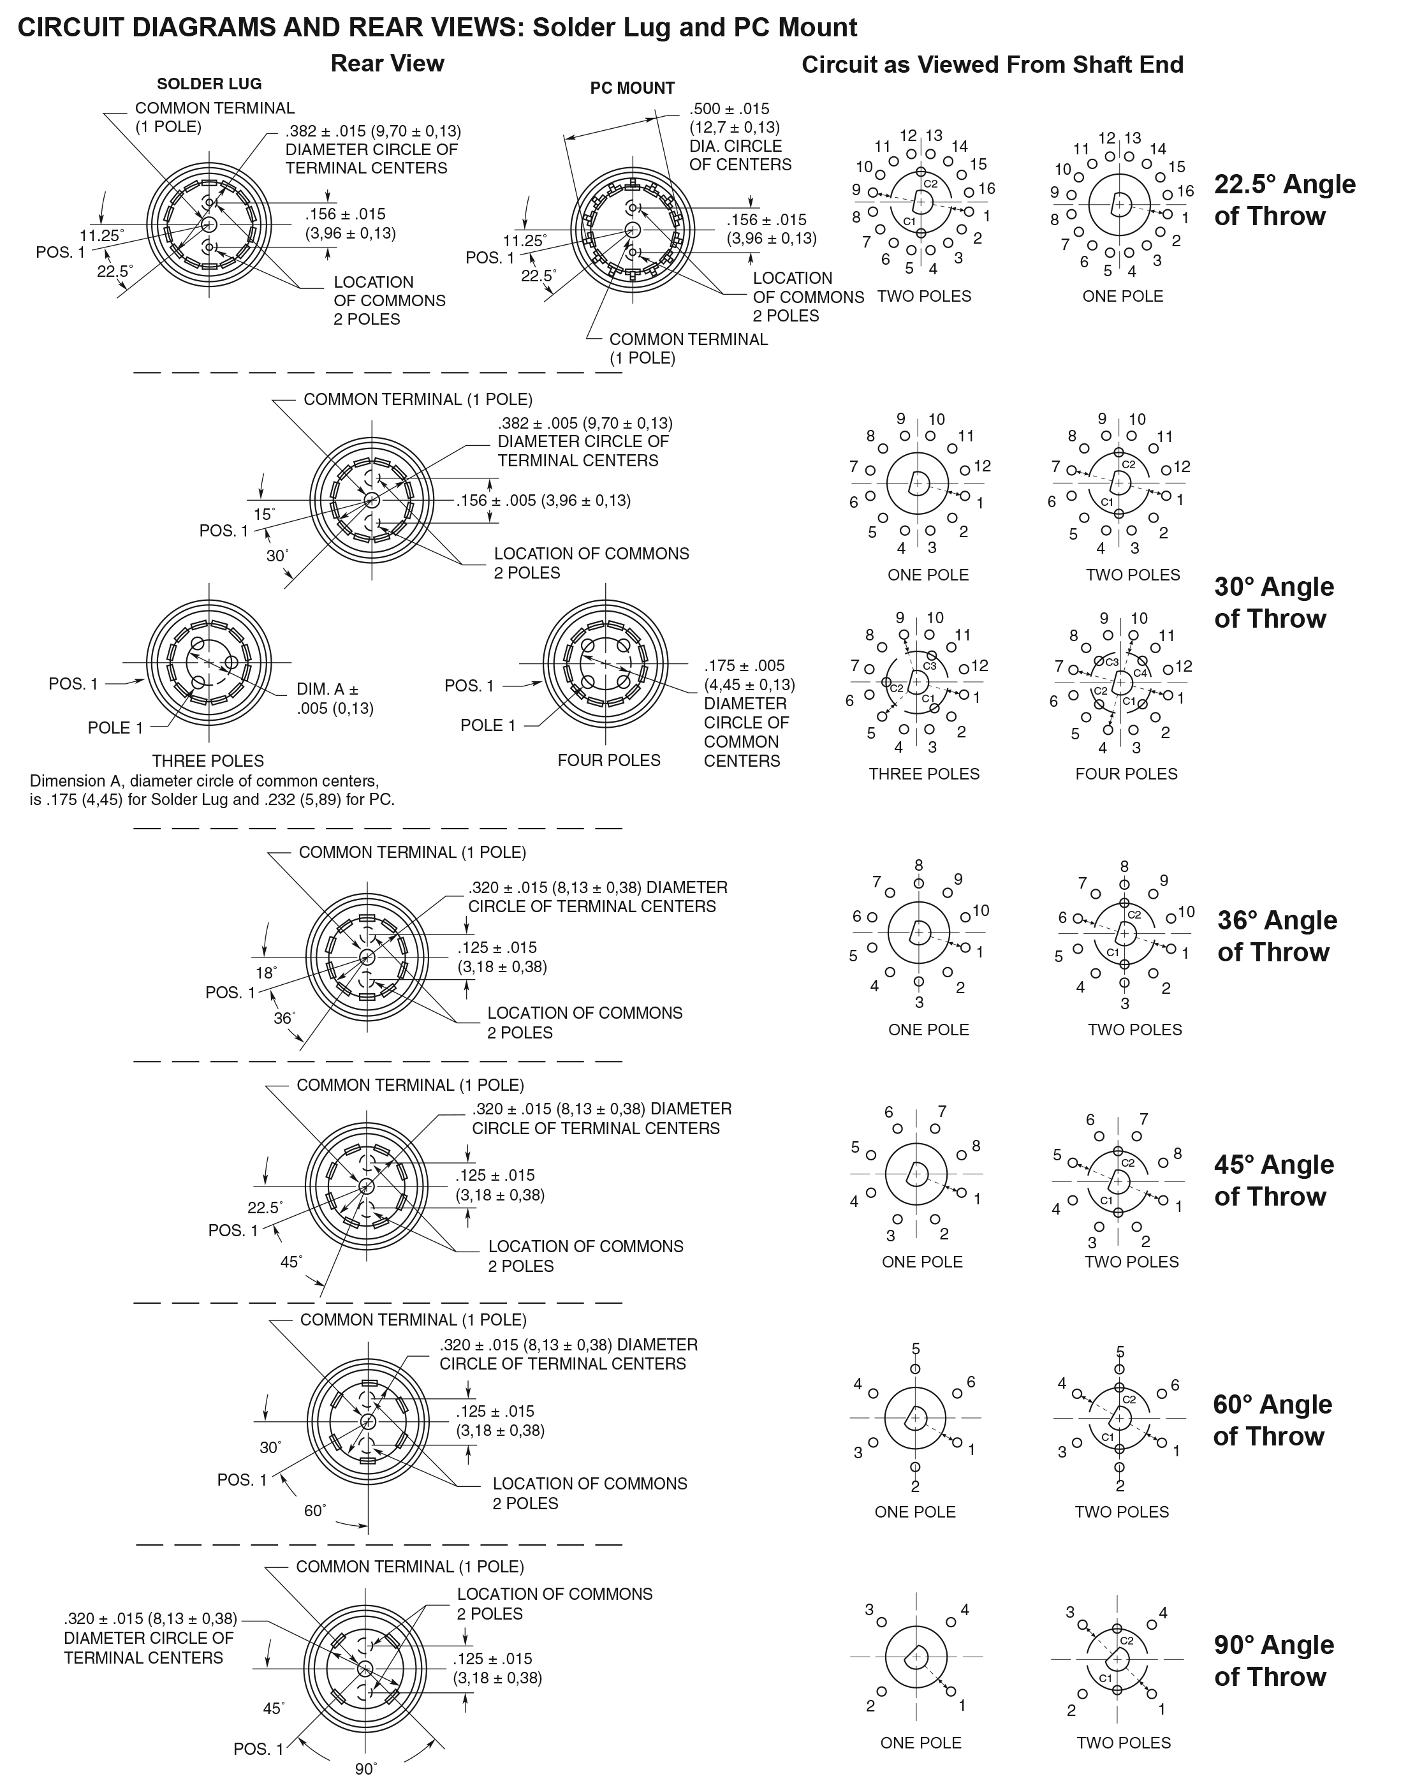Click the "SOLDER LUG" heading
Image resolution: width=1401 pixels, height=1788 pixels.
pos(209,84)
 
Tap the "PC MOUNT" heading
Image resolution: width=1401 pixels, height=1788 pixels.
pos(633,88)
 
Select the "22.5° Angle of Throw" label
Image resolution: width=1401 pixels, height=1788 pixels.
pos(1284,200)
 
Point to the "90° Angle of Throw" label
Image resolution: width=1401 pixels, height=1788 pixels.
pos(1274,1661)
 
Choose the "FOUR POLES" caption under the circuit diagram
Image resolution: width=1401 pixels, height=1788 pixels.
pos(1126,774)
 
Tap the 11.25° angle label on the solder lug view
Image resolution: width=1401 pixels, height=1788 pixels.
pos(102,235)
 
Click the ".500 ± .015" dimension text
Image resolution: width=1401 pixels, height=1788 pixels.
pos(730,109)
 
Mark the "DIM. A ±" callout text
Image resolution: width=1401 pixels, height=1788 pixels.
pos(327,690)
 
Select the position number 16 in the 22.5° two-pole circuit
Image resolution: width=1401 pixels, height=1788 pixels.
pos(987,189)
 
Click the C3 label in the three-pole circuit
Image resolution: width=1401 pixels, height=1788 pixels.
pos(929,667)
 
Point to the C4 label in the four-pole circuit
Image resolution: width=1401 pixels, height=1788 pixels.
pos(1140,674)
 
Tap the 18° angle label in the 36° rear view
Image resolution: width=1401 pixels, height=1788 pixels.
pos(267,973)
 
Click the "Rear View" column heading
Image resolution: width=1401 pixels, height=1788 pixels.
pos(387,63)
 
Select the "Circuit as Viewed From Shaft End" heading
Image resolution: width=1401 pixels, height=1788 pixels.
pos(992,65)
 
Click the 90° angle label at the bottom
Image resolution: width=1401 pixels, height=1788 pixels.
pos(366,1769)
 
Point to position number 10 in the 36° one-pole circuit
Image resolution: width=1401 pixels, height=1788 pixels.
pos(981,910)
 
